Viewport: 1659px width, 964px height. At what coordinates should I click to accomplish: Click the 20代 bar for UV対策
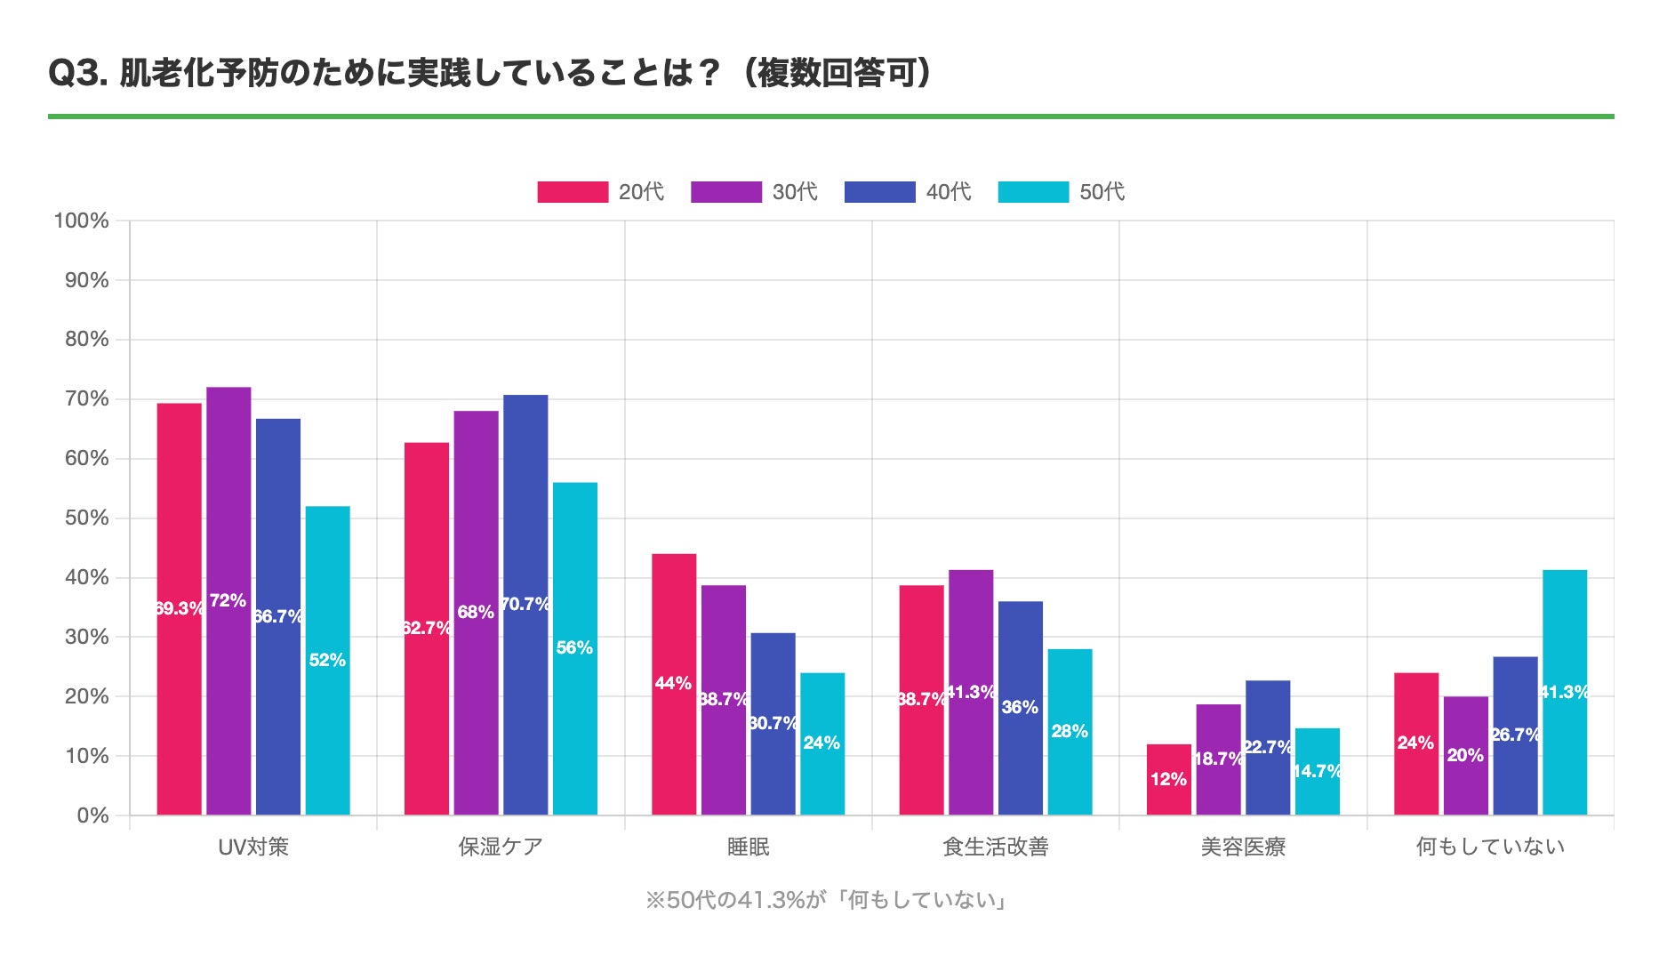[x=179, y=609]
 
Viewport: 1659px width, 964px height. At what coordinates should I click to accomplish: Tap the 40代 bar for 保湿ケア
[x=525, y=605]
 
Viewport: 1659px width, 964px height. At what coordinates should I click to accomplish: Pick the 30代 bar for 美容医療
[x=1218, y=759]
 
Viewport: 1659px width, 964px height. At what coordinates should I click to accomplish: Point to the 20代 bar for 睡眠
[x=674, y=684]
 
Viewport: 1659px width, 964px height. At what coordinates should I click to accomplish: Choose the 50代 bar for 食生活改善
[x=1070, y=732]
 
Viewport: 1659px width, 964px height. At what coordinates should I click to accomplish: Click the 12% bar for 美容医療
[x=1168, y=779]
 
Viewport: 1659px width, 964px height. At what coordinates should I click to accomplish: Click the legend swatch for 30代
[x=726, y=192]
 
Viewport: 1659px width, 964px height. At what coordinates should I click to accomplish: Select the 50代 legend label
[x=1102, y=192]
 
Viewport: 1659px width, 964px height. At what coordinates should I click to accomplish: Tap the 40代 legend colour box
[x=879, y=192]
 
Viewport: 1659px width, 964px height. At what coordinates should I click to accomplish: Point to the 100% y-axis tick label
[x=82, y=221]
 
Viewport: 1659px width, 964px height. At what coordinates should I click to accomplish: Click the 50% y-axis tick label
[x=87, y=518]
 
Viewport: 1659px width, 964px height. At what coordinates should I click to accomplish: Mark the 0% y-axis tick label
[x=92, y=815]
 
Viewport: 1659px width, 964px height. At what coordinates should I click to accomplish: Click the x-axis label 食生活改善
[x=996, y=847]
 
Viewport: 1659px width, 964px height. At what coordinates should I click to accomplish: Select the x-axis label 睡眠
[x=749, y=847]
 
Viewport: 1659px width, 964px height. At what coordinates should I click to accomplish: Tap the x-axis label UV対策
[x=253, y=847]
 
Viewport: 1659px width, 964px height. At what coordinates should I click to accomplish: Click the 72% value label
[x=228, y=601]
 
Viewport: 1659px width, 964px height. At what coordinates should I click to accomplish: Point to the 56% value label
[x=574, y=648]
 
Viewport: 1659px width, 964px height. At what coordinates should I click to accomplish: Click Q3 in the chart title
[x=77, y=74]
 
